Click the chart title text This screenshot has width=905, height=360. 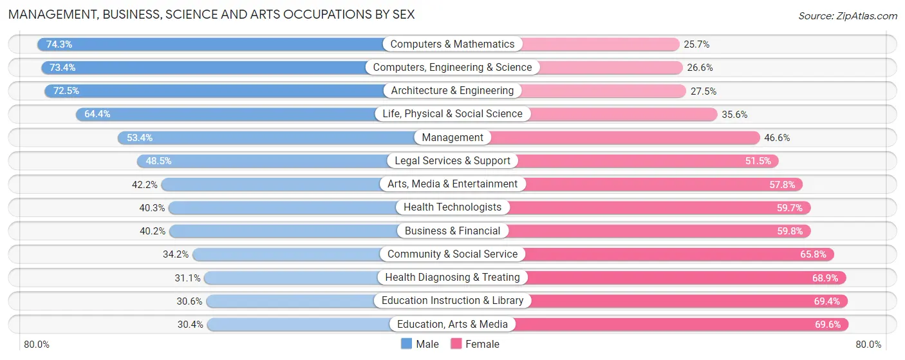(211, 14)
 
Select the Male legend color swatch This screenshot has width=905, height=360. (406, 344)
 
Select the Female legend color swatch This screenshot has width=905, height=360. (456, 344)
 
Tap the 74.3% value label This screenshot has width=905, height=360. (59, 44)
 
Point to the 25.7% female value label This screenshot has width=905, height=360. (696, 44)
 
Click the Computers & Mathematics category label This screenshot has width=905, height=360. (452, 44)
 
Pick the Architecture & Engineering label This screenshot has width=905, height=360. (452, 91)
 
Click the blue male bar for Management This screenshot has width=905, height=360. (270, 138)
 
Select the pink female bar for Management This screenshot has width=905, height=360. (624, 138)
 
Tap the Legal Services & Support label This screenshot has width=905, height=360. (452, 161)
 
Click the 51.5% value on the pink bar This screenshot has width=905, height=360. (758, 161)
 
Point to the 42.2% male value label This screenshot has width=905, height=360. (145, 184)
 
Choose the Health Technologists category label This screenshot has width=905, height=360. (452, 207)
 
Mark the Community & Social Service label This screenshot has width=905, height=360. (452, 254)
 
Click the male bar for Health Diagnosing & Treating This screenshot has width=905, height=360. (290, 278)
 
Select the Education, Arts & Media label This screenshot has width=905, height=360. (452, 324)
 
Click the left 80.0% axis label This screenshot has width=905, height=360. (37, 345)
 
